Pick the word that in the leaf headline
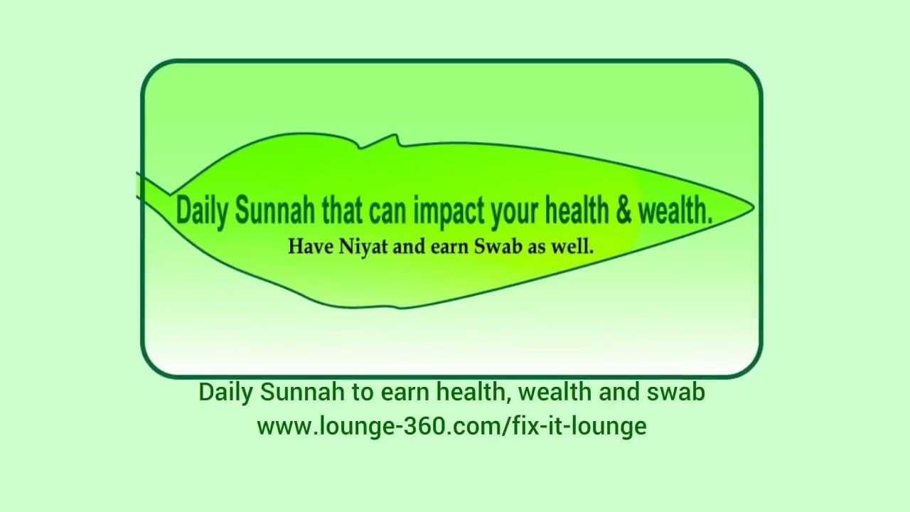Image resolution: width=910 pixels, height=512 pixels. click(x=342, y=210)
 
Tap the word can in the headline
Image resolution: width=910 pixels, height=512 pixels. click(x=389, y=211)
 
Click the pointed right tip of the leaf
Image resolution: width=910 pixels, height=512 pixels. click(x=752, y=207)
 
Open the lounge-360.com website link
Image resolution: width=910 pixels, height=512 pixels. click(x=451, y=426)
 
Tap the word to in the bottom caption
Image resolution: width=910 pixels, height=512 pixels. click(x=360, y=392)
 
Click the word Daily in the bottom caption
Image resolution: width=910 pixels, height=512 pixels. click(x=226, y=392)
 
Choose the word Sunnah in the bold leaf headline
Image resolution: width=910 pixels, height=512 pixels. click(x=274, y=210)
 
